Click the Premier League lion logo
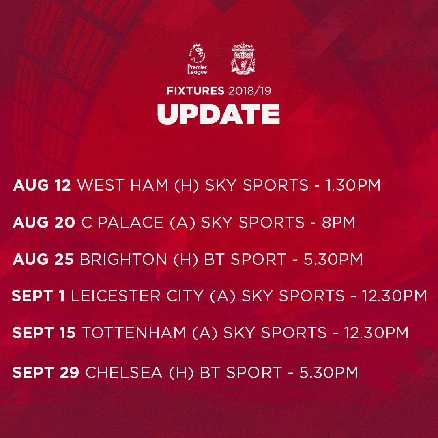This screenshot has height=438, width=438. (x=197, y=59)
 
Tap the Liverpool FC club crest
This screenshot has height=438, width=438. (x=243, y=58)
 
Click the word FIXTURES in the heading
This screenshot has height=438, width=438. (x=195, y=91)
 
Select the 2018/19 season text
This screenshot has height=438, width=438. (x=249, y=91)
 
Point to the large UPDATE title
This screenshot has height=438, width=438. (x=219, y=114)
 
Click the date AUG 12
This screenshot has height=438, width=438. (x=42, y=185)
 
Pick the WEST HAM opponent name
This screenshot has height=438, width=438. (x=122, y=185)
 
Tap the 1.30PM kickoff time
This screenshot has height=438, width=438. (x=353, y=185)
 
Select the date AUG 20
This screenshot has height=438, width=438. (x=43, y=222)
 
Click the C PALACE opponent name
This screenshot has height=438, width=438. (x=122, y=222)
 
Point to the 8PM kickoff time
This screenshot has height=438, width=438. (x=338, y=222)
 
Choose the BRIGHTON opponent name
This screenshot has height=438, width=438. (x=123, y=259)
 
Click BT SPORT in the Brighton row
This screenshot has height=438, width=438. (x=245, y=259)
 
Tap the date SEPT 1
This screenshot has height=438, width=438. (x=38, y=296)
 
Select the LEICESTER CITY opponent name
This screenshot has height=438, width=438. (x=137, y=296)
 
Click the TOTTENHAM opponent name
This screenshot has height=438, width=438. (x=134, y=333)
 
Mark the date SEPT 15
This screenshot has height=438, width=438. (x=44, y=333)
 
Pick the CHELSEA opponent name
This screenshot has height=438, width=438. (x=124, y=372)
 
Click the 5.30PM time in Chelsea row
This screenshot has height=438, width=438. (x=328, y=372)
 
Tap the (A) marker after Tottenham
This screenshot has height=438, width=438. (x=205, y=333)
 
